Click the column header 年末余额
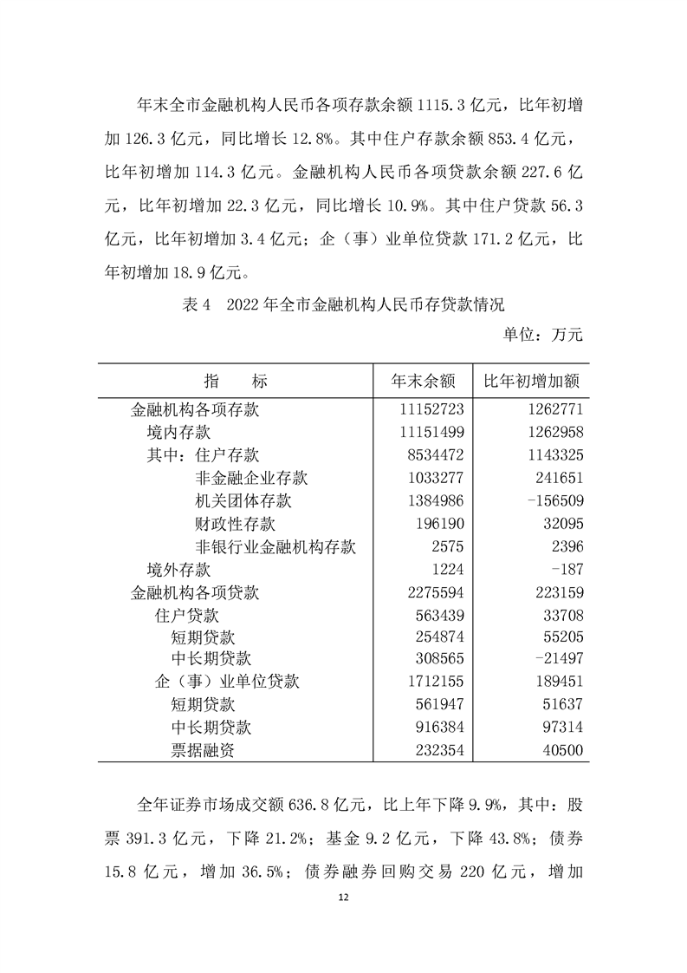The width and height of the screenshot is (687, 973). click(423, 381)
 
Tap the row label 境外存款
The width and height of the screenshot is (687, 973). click(178, 570)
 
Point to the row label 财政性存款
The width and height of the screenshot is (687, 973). click(236, 524)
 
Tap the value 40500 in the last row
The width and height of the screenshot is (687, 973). click(561, 751)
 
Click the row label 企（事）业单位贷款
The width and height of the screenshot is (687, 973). click(227, 682)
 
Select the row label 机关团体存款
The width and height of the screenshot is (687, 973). click(243, 501)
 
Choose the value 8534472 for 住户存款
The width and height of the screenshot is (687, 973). click(434, 455)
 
